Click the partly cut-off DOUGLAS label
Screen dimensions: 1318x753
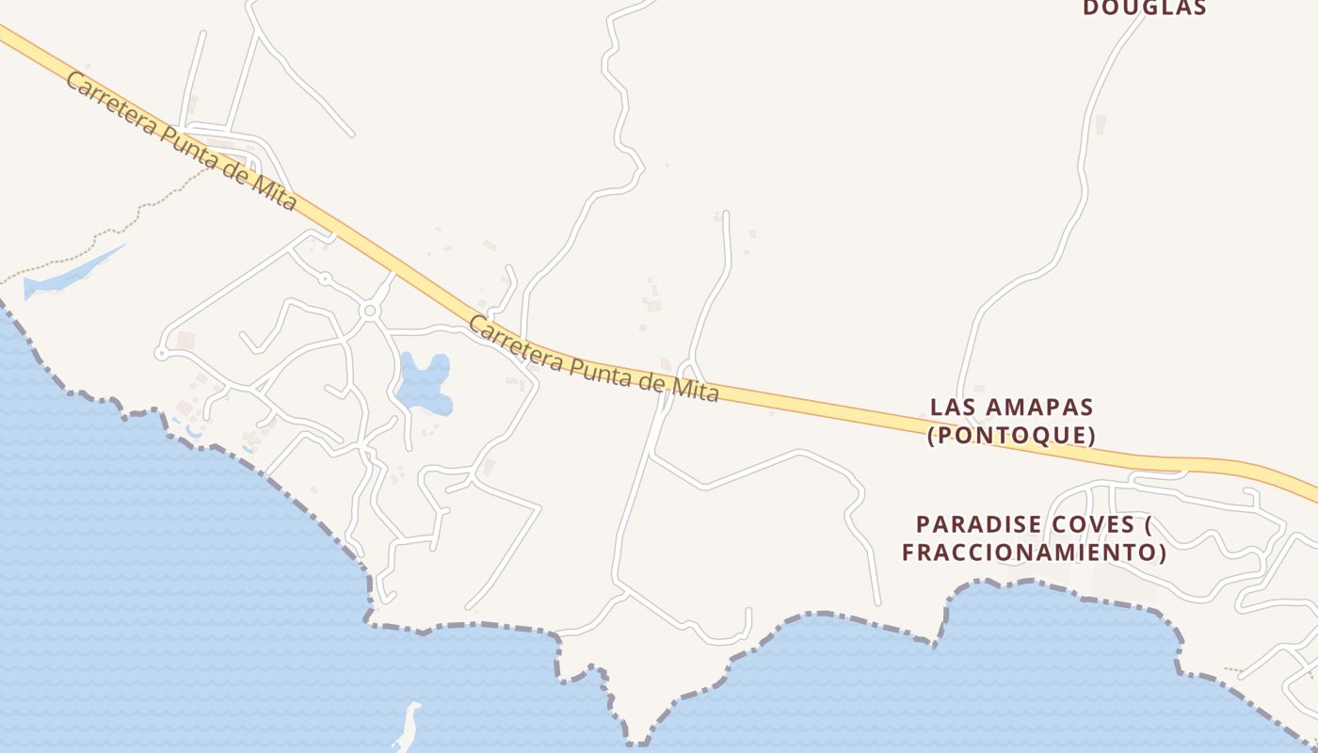[1145, 8]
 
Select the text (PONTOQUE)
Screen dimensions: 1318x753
[1012, 436]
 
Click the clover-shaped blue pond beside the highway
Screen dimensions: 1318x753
[423, 384]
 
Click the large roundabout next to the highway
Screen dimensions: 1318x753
[370, 311]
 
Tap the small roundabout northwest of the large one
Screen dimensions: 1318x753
[325, 279]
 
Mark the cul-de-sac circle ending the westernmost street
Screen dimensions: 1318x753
[161, 353]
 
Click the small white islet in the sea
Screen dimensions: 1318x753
[408, 728]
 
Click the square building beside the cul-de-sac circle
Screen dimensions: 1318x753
[185, 341]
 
